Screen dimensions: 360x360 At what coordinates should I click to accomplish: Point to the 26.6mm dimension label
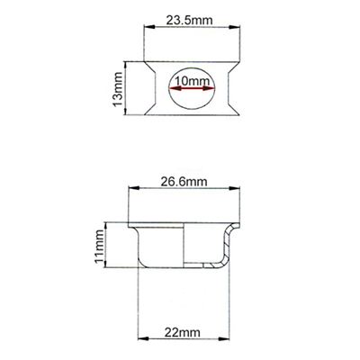(188, 180)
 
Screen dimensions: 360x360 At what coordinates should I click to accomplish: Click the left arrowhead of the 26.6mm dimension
(134, 189)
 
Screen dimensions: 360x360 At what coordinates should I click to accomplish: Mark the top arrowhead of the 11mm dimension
(108, 224)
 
